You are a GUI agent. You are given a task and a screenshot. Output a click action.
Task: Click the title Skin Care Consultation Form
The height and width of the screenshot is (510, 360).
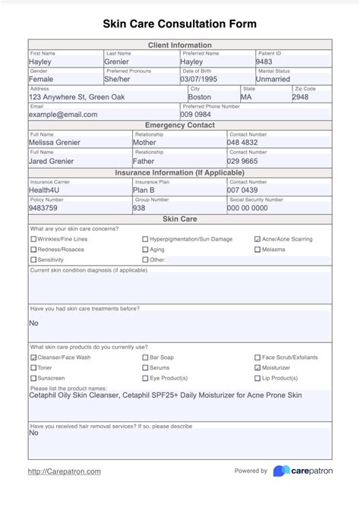[x=180, y=24]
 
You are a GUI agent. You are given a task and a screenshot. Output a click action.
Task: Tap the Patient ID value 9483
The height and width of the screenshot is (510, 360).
[x=264, y=61]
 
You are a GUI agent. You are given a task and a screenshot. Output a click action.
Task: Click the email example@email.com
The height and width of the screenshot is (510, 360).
[x=63, y=115]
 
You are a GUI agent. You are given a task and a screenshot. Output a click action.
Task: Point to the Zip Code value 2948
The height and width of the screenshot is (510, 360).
[x=301, y=97]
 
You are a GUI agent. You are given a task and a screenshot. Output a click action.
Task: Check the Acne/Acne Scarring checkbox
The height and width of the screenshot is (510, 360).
[x=258, y=239]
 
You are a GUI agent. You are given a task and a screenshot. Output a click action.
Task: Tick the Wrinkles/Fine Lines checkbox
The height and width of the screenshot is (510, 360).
[x=33, y=239]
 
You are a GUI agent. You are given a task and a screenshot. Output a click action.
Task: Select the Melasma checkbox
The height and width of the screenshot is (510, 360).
[x=258, y=250]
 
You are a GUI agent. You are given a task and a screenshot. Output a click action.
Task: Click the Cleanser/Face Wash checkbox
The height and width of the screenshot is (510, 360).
[x=33, y=357]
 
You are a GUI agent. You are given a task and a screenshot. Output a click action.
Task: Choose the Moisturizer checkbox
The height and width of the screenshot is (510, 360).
[x=258, y=367]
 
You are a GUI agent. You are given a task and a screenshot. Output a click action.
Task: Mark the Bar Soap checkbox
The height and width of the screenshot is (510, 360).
[x=146, y=357]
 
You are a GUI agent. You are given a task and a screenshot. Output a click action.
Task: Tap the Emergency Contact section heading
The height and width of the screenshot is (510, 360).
[x=180, y=124]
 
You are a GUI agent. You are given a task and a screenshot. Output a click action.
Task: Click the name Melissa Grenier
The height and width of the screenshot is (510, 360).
[x=55, y=142]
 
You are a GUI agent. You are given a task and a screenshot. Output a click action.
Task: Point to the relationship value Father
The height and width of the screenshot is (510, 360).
[x=144, y=161]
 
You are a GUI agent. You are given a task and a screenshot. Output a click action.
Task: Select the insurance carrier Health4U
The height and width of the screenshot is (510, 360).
[x=46, y=190]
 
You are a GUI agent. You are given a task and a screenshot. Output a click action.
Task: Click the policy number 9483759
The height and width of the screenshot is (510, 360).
[x=43, y=207]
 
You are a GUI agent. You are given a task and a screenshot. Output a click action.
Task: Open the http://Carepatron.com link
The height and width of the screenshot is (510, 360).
[x=64, y=471]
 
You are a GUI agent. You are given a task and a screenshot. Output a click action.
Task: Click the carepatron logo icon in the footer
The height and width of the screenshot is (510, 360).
[x=281, y=471]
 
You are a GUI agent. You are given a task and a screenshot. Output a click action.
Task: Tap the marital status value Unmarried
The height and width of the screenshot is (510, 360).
[x=273, y=79]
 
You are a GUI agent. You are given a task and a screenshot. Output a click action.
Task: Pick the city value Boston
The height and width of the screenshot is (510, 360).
[x=200, y=97]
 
